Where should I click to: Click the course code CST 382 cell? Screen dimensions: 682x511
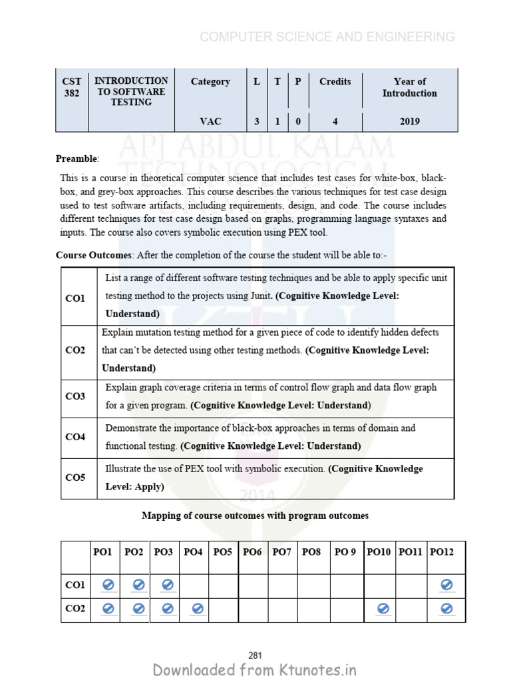[71, 87]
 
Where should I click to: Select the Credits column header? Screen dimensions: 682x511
[335, 81]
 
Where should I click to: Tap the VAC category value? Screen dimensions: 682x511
[210, 121]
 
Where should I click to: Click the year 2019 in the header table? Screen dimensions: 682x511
[409, 121]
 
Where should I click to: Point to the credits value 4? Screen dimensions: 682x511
[335, 121]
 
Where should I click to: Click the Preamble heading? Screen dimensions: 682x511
[77, 159]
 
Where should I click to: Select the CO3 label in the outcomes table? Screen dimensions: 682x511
[75, 396]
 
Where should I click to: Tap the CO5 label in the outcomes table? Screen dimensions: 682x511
[75, 478]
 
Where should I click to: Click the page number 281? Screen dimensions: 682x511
[255, 656]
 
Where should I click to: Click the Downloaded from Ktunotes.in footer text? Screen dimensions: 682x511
[255, 670]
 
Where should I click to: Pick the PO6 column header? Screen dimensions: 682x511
[252, 551]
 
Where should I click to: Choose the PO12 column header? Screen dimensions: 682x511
[442, 551]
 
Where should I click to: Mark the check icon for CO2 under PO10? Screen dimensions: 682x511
[382, 608]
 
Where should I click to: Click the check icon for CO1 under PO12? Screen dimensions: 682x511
[447, 585]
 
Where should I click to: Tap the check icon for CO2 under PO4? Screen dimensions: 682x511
[197, 608]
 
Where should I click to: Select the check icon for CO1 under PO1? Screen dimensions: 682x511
[108, 585]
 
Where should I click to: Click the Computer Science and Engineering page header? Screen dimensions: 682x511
[327, 37]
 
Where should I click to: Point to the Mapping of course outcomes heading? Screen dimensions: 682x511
[255, 515]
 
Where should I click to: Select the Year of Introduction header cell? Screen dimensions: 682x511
[409, 87]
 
